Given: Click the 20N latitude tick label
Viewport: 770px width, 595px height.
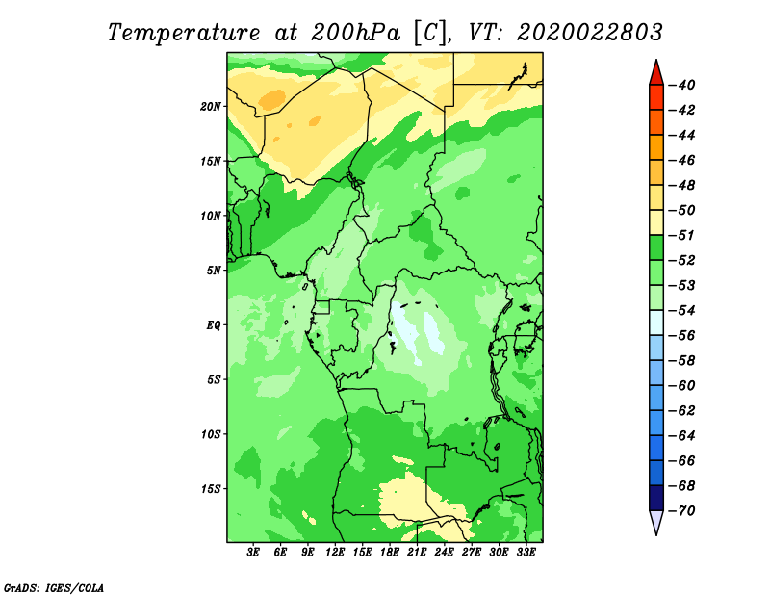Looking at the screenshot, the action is tap(211, 107).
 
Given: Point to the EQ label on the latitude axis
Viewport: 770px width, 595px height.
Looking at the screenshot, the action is tap(214, 325).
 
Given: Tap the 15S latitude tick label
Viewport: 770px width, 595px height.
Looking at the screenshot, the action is tap(211, 489).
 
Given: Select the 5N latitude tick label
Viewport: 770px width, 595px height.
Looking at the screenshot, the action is tap(214, 271).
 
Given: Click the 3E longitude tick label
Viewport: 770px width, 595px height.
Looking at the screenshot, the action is tap(253, 552).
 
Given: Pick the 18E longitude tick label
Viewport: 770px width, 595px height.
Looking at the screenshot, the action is tap(390, 552).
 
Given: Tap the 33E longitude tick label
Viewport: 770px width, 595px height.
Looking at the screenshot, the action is tap(526, 552).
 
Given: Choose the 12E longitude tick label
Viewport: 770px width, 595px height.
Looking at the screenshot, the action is tap(335, 552).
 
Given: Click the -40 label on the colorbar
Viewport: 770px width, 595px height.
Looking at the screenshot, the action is tap(681, 85).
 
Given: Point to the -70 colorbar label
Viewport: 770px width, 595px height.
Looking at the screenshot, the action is tap(681, 511).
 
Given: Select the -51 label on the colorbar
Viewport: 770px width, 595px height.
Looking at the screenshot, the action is tap(681, 235).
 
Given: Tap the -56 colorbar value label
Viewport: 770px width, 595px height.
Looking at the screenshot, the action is tap(681, 336).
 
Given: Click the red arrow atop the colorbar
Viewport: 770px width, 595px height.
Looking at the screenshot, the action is tap(656, 74).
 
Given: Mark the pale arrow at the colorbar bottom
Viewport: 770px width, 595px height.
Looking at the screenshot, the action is tap(656, 522).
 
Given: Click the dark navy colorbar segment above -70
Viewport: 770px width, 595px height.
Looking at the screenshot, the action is tap(656, 498).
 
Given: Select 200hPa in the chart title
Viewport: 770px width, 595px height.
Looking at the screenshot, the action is tap(355, 33).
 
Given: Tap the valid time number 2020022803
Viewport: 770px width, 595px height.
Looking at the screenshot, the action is tap(590, 33).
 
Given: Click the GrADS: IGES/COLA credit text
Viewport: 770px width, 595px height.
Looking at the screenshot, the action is tap(54, 587).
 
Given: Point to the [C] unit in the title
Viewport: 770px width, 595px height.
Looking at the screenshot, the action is tap(431, 34).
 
